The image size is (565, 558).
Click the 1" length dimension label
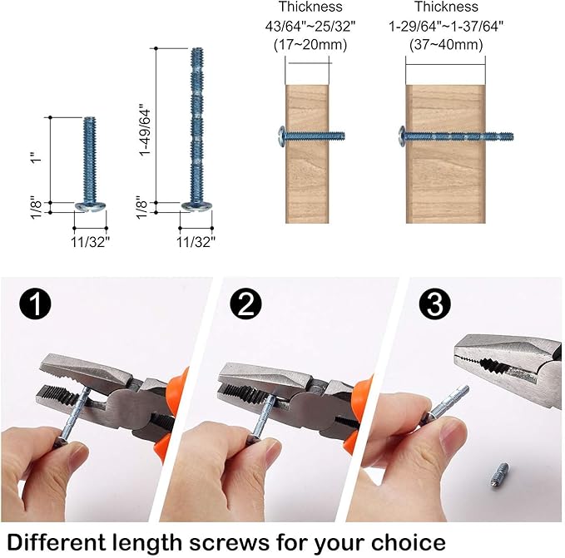pos(33,159)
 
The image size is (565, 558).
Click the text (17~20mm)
pos(310,45)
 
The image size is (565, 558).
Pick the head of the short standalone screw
pos(89,205)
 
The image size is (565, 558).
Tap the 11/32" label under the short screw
pos(89,241)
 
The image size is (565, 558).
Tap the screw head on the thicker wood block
pos(403,135)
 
